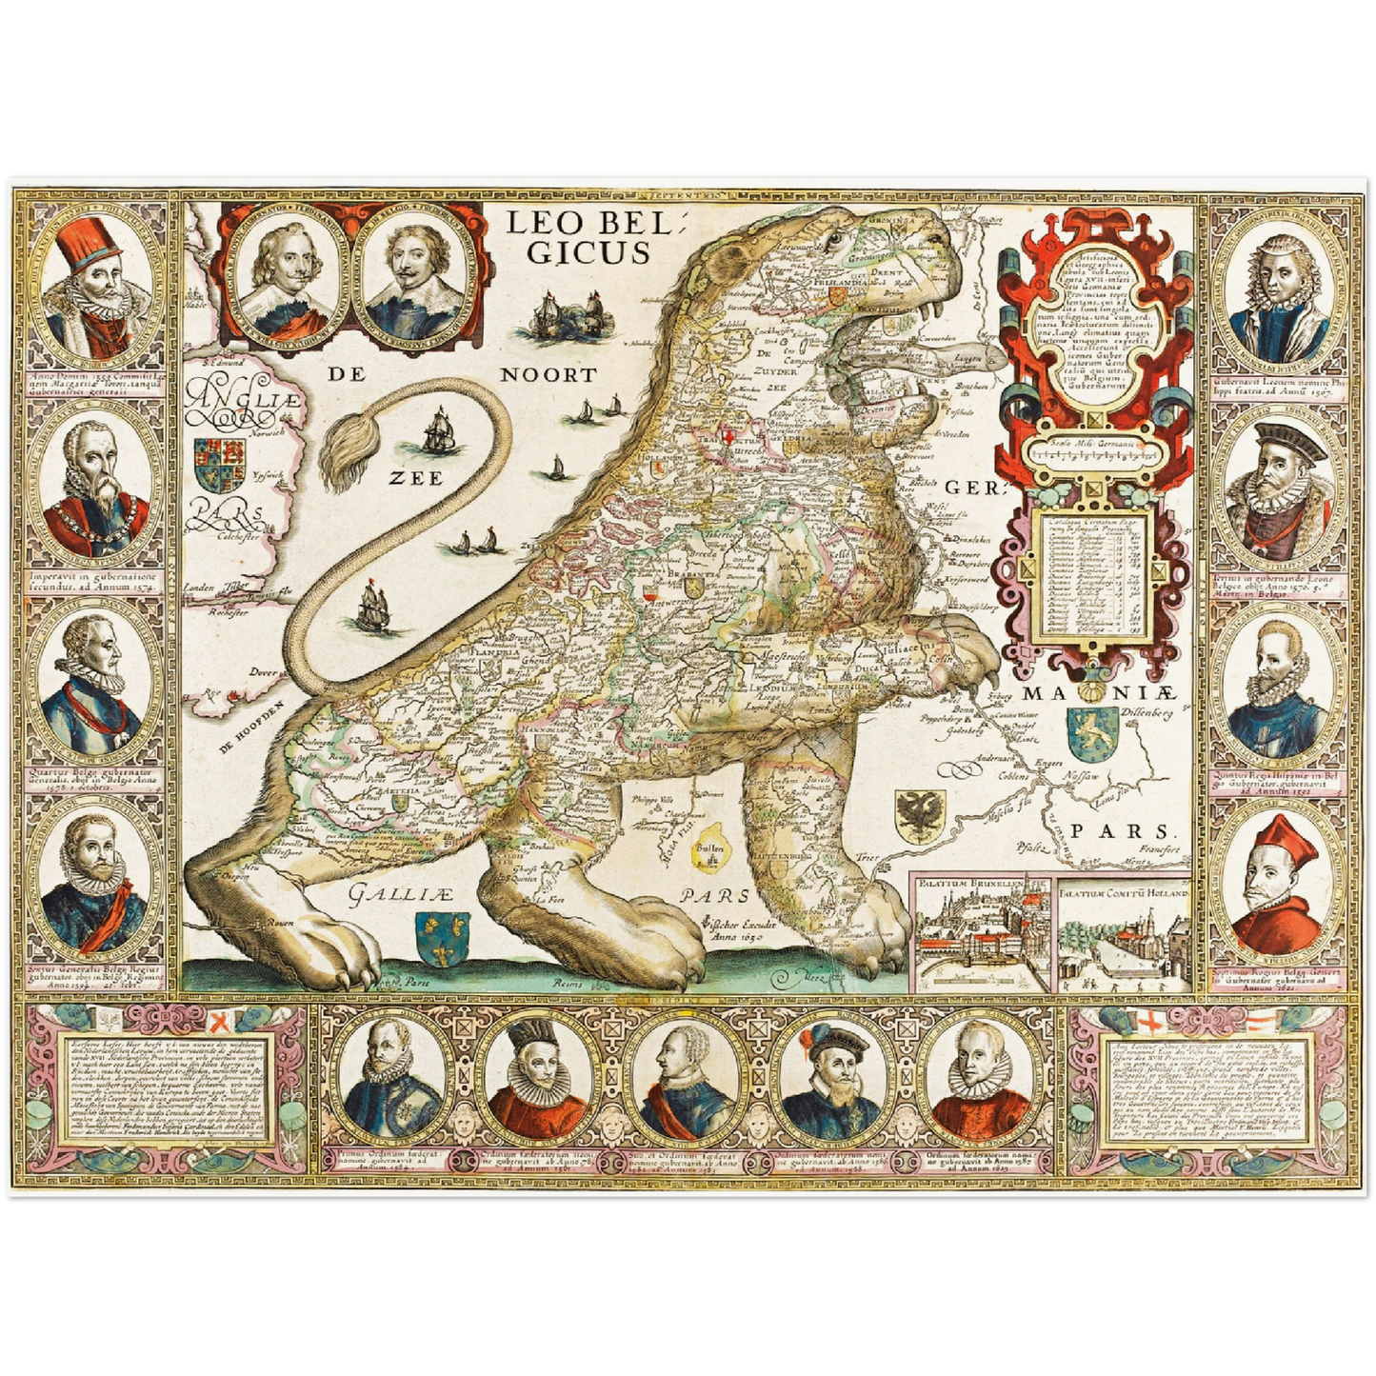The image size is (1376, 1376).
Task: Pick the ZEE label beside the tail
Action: tap(415, 478)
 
